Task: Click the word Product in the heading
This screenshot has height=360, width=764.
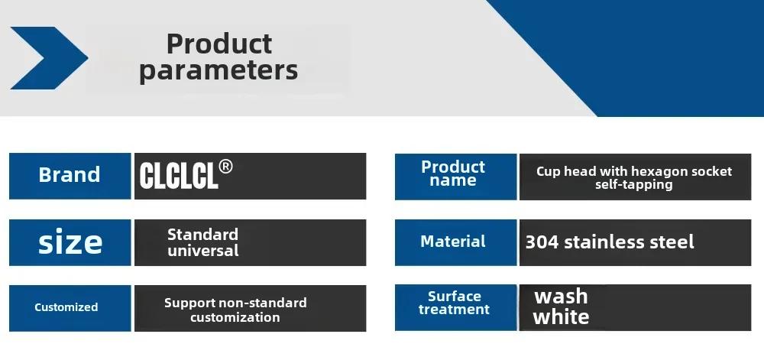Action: click(x=219, y=44)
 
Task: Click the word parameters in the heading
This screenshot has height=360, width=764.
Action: click(x=219, y=70)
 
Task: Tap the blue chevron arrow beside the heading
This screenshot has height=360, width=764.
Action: click(x=49, y=58)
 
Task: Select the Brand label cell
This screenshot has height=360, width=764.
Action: click(x=70, y=176)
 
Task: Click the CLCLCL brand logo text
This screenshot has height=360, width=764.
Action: click(x=178, y=175)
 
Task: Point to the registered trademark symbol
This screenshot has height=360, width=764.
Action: click(x=225, y=167)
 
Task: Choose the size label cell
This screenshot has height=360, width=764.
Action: click(x=70, y=242)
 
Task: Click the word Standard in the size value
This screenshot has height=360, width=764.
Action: click(x=202, y=235)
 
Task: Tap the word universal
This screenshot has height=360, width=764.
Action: click(x=203, y=251)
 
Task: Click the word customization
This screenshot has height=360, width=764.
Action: click(x=235, y=318)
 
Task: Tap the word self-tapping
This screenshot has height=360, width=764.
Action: click(x=634, y=185)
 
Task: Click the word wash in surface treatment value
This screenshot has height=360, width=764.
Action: click(x=562, y=297)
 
